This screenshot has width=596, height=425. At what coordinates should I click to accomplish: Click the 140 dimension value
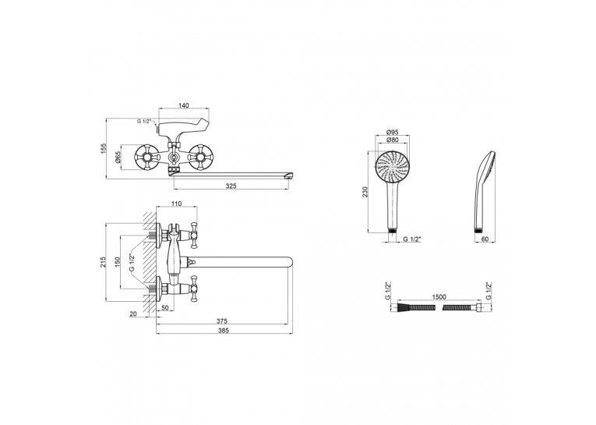[x=184, y=105]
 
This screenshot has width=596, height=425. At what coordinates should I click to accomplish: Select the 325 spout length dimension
[x=231, y=186]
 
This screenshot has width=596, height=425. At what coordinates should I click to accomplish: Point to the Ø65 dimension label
[x=118, y=158]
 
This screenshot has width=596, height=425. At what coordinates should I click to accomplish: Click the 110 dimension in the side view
[x=176, y=204]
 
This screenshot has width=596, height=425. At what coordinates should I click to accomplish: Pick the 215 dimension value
[x=103, y=262]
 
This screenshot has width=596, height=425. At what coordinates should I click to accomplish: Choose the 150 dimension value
[x=118, y=262]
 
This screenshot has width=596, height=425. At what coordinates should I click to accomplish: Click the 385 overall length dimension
[x=224, y=331]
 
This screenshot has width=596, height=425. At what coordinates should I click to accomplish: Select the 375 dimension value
[x=221, y=321]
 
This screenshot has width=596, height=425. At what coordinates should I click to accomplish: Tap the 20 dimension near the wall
[x=133, y=314]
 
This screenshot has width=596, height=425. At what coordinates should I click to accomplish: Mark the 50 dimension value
[x=164, y=308]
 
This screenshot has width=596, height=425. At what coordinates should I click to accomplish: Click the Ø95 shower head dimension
[x=392, y=132]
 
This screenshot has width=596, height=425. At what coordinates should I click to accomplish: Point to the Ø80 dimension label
[x=392, y=140]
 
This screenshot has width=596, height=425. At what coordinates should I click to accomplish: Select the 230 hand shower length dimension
[x=365, y=192]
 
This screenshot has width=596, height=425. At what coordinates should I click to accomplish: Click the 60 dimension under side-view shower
[x=485, y=239]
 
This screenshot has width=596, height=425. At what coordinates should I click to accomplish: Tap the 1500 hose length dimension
[x=439, y=297]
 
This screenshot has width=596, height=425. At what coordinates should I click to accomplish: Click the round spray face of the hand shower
[x=393, y=166]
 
